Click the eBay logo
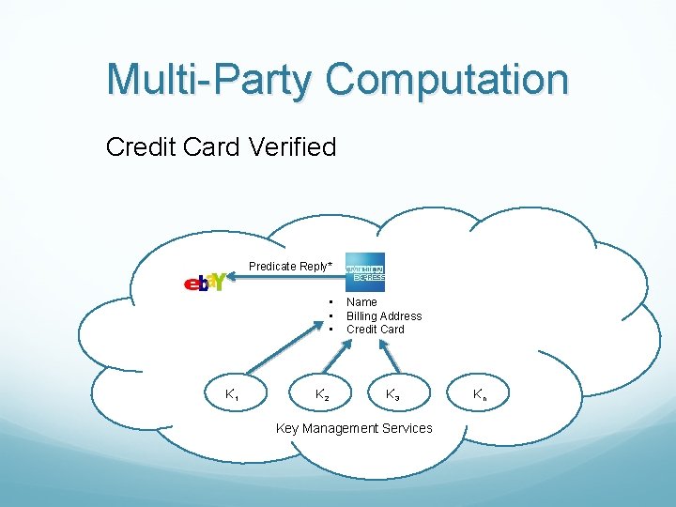[205, 282]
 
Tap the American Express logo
[365, 272]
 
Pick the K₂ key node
[322, 396]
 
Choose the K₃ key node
[392, 395]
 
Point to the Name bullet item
[361, 302]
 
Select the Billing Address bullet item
[384, 316]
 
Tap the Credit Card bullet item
[376, 330]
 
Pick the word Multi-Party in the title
[207, 81]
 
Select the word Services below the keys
[409, 429]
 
